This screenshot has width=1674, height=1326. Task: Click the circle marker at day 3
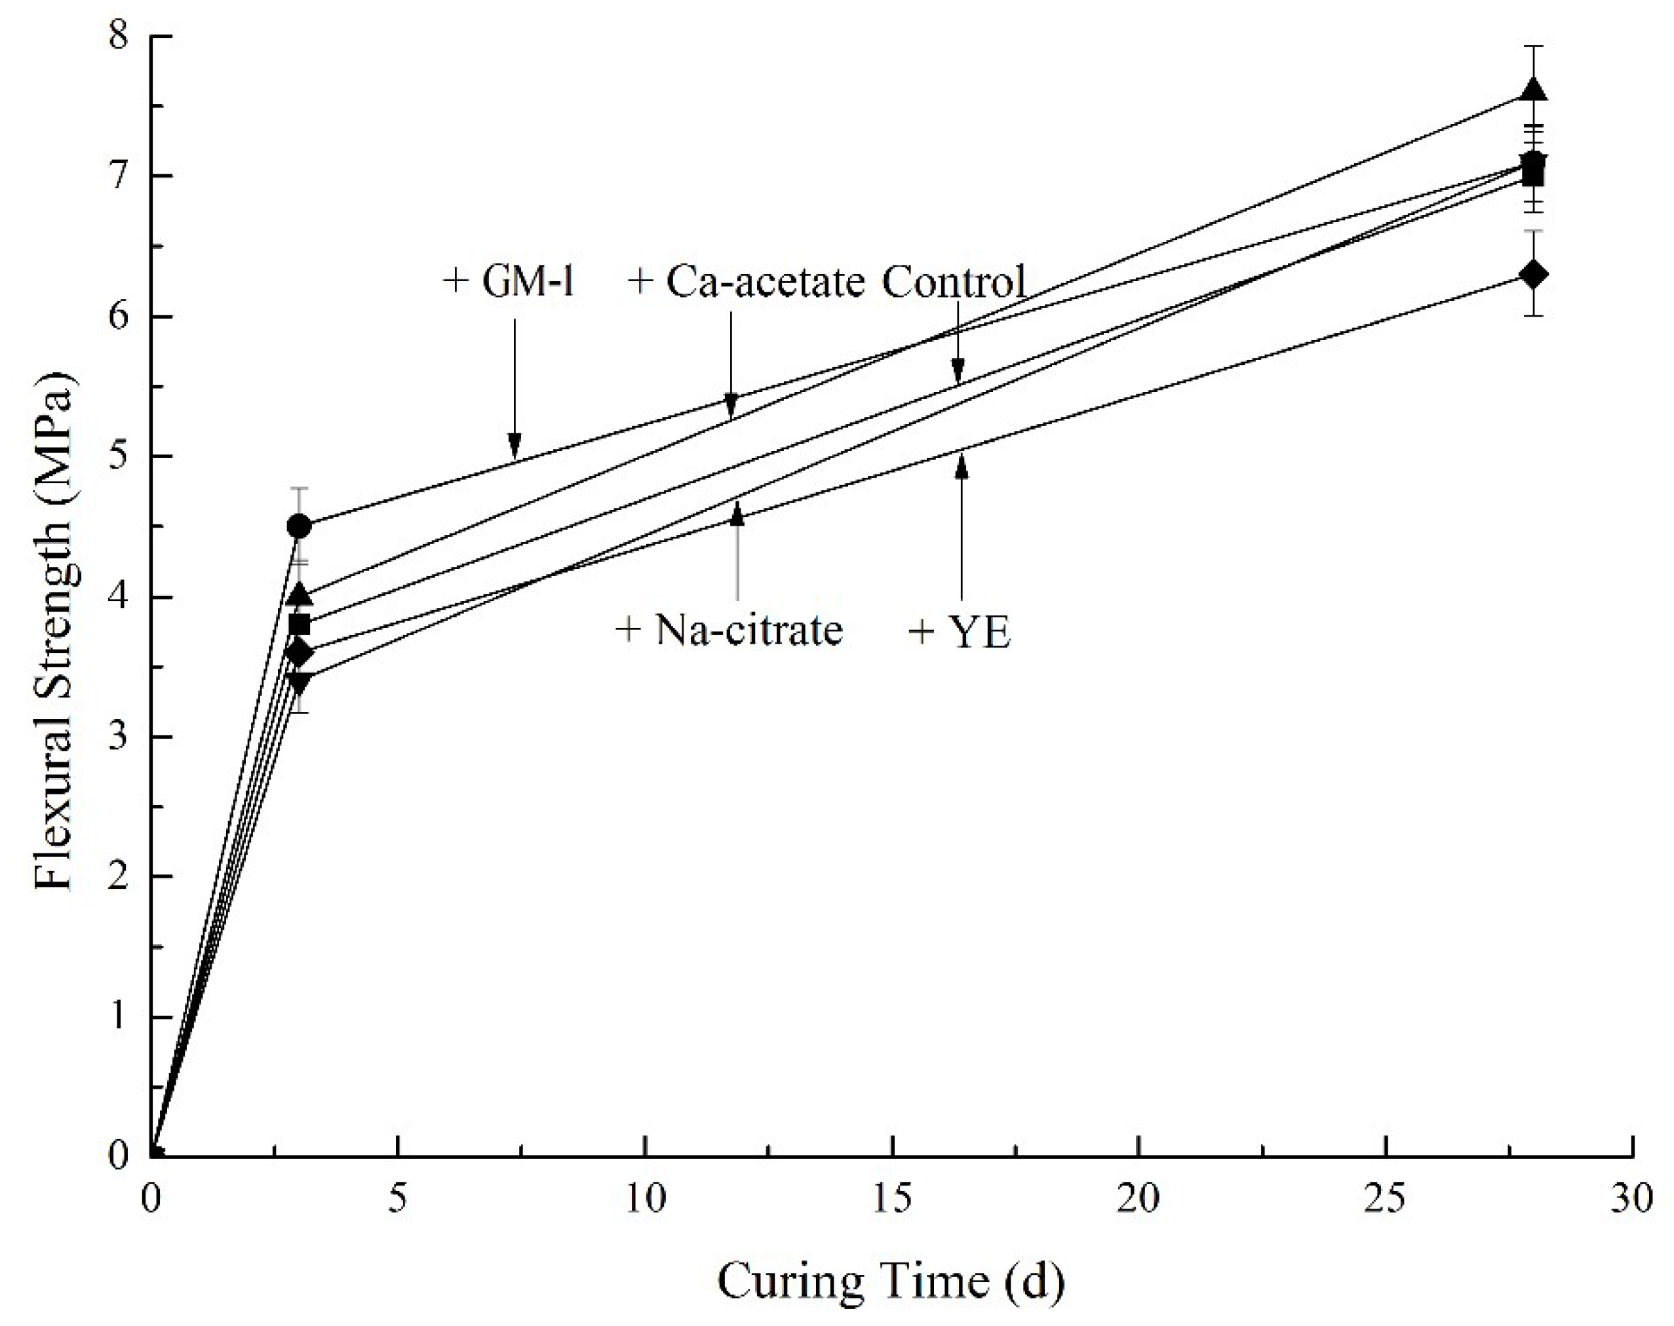point(299,526)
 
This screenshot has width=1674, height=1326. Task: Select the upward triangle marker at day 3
point(299,595)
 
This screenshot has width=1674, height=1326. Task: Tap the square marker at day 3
point(299,624)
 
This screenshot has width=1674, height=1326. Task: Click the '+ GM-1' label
point(509,281)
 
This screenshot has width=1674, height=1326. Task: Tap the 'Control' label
point(954,281)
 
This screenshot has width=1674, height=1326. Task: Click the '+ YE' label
point(960,633)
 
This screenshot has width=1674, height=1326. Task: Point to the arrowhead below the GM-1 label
point(514,446)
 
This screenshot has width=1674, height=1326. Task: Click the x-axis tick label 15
point(892,1199)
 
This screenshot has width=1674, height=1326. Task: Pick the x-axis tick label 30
point(1631,1199)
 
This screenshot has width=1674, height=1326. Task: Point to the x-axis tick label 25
point(1386,1199)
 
